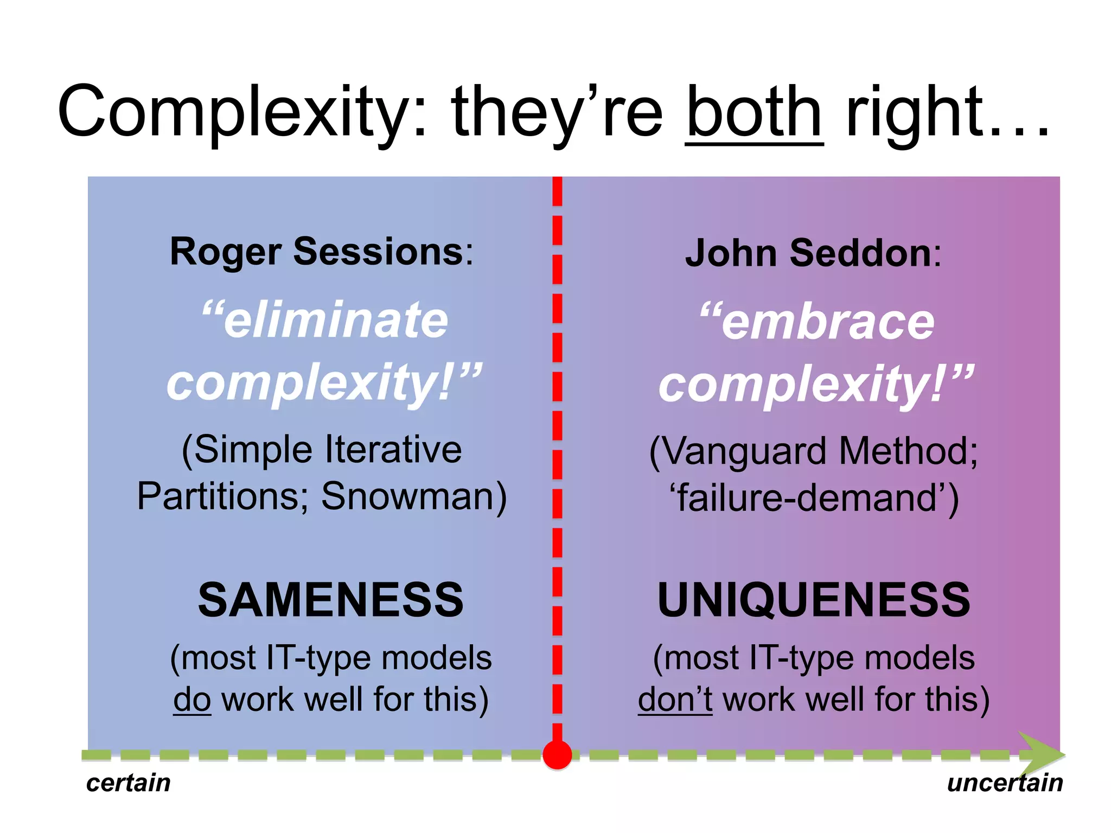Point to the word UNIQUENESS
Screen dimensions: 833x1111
point(814,600)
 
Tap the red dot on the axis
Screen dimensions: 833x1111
point(557,754)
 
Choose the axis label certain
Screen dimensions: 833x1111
point(129,783)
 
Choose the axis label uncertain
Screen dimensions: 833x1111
point(1005,783)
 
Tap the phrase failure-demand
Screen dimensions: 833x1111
point(814,498)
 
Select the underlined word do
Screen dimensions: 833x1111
point(191,699)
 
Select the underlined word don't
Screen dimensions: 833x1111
point(674,699)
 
